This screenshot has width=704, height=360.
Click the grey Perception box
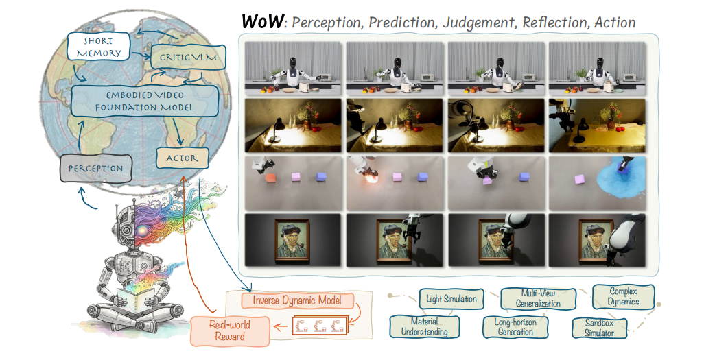click(95, 168)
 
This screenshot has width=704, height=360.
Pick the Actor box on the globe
click(181, 158)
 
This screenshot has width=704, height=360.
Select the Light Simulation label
click(451, 298)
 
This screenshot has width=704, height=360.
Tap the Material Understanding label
click(419, 326)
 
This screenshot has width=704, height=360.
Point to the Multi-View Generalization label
click(537, 298)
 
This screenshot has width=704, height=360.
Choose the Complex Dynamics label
click(623, 296)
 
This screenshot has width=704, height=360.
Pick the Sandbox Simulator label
click(602, 326)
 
